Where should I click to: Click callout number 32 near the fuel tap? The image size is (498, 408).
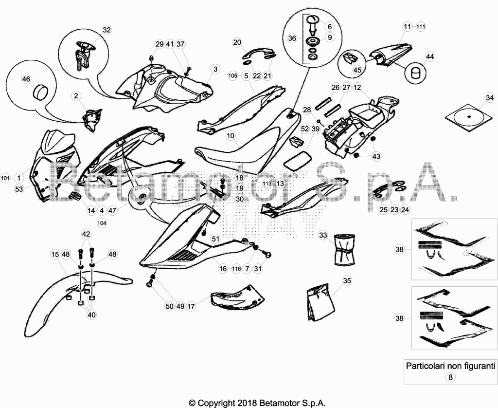tap(107, 30)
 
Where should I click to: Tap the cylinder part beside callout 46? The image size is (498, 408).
tap(40, 91)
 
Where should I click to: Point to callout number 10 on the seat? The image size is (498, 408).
tap(231, 136)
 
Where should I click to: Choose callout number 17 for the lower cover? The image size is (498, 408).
tap(191, 306)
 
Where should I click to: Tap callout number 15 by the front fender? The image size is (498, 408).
tap(55, 255)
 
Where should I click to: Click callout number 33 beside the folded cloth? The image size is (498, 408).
tap(323, 235)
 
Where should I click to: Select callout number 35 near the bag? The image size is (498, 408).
tap(347, 280)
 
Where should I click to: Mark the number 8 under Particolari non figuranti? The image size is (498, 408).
tap(450, 377)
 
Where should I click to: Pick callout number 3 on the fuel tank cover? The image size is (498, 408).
tap(215, 69)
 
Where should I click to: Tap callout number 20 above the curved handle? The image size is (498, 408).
tap(237, 42)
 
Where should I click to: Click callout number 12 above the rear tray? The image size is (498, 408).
tap(357, 88)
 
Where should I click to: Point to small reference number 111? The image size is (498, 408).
tap(421, 27)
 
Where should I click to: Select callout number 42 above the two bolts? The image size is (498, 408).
tap(86, 234)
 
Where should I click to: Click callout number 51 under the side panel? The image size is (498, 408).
tap(215, 239)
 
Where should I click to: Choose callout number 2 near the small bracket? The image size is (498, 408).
tap(76, 96)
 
